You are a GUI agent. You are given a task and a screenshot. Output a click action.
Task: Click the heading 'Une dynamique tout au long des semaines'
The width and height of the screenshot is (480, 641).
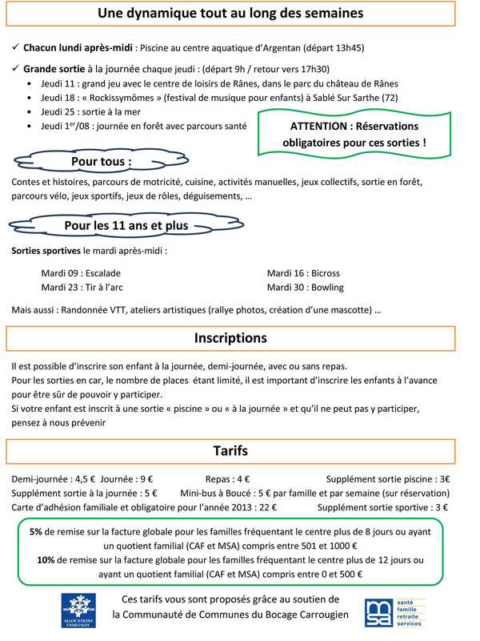tap(230, 14)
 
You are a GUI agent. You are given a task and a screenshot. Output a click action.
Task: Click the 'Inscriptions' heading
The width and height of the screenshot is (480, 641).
tap(230, 338)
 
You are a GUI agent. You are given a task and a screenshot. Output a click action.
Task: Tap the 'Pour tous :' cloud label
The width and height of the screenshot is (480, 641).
tap(102, 162)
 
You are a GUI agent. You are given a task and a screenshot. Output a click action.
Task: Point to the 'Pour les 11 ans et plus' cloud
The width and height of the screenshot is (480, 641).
tap(126, 226)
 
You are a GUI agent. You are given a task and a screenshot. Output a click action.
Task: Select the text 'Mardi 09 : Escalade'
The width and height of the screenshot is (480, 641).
tap(81, 272)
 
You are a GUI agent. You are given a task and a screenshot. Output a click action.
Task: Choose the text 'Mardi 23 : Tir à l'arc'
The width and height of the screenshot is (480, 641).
tap(82, 287)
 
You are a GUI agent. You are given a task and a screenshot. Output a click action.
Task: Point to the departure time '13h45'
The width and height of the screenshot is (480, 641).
tap(349, 48)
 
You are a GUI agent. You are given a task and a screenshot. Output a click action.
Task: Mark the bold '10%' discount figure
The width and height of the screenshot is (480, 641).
tap(46, 560)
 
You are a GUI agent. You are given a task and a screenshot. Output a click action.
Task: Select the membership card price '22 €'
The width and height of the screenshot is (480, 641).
tap(267, 507)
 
